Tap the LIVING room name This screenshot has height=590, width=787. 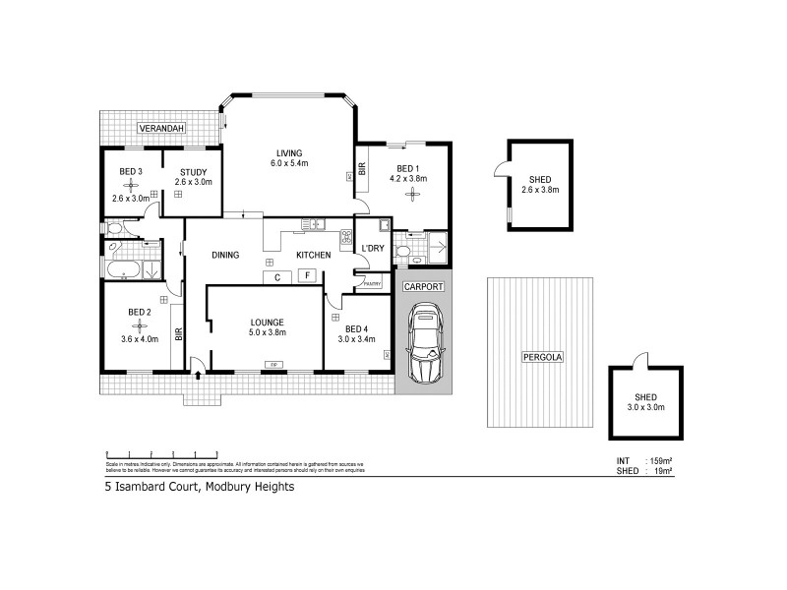[x=288, y=152]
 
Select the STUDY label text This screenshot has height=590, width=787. [x=193, y=171]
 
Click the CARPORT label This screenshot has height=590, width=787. [x=424, y=286]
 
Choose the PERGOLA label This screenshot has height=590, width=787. [x=541, y=357]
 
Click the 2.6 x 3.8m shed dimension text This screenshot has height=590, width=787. [x=540, y=190]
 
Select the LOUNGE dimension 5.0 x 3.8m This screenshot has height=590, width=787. [x=267, y=332]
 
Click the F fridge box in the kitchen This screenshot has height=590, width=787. [x=308, y=276]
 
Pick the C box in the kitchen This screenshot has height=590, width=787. [x=278, y=276]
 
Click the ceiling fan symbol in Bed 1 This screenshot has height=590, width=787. [x=412, y=192]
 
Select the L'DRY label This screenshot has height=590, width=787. [x=372, y=248]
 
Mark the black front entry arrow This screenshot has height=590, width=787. [x=200, y=375]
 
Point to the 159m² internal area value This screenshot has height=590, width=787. [x=659, y=460]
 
